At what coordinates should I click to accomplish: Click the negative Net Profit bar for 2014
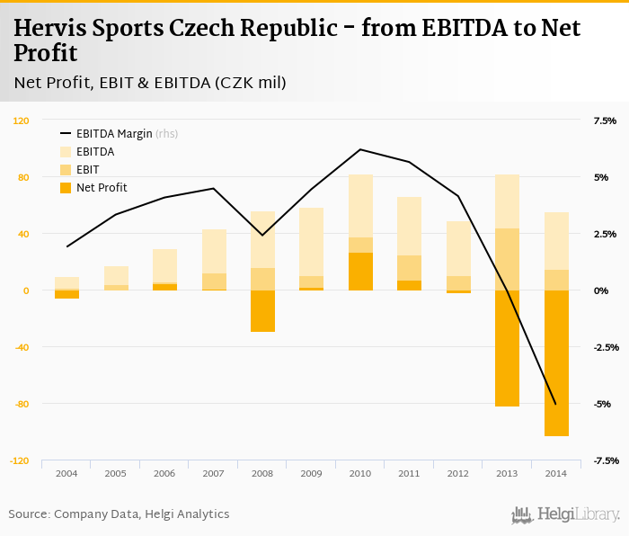pyautogui.click(x=556, y=362)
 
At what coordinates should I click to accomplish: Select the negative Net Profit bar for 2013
pyautogui.click(x=507, y=348)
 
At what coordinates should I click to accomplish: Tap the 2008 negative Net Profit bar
pyautogui.click(x=262, y=311)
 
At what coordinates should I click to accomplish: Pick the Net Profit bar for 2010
pyautogui.click(x=360, y=272)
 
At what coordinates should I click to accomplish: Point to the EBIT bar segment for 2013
pyautogui.click(x=507, y=259)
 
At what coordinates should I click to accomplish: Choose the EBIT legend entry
pyautogui.click(x=87, y=170)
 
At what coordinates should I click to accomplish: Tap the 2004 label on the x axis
pyautogui.click(x=66, y=472)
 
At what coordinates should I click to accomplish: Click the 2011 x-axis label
pyautogui.click(x=409, y=472)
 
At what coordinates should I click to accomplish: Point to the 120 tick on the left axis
pyautogui.click(x=21, y=121)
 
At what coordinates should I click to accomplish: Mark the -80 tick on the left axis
pyautogui.click(x=21, y=404)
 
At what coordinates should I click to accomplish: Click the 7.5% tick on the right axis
pyautogui.click(x=605, y=121)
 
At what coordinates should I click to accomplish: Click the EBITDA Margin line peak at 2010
pyautogui.click(x=360, y=149)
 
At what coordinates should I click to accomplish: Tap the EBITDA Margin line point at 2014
pyautogui.click(x=556, y=405)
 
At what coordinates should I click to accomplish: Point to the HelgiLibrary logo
pyautogui.click(x=565, y=514)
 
